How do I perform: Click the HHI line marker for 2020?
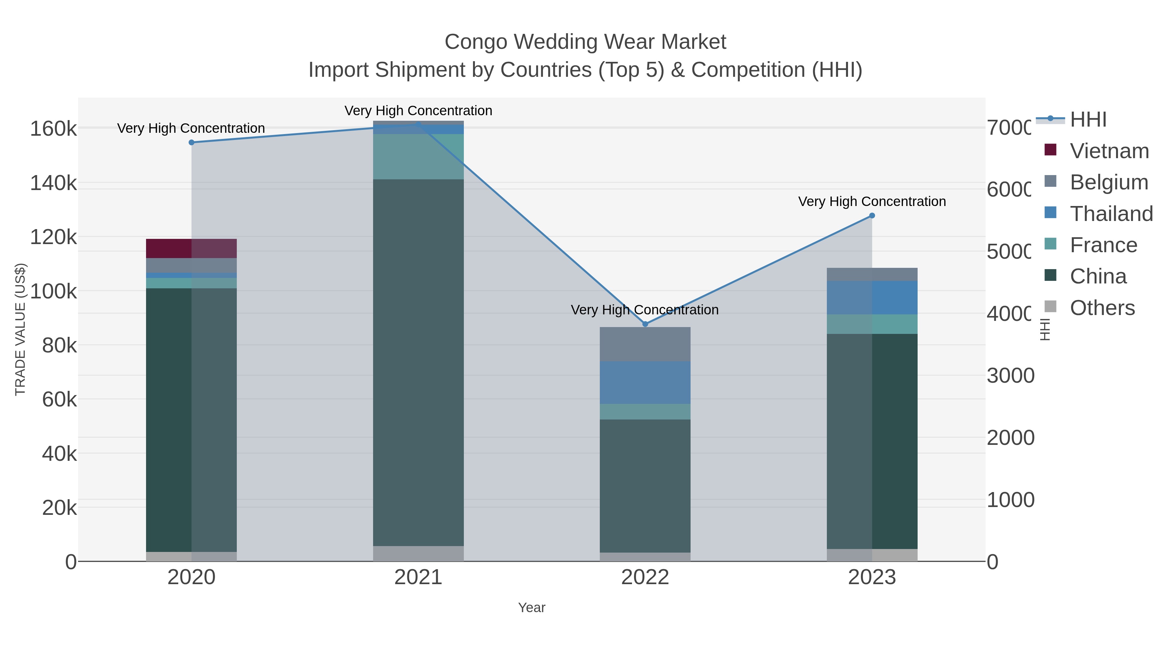(191, 142)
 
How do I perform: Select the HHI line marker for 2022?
(645, 324)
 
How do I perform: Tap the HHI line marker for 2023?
(872, 215)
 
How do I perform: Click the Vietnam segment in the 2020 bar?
(191, 248)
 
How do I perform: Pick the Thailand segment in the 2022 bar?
(645, 382)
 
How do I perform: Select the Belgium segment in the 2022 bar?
(645, 344)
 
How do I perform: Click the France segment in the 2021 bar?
(418, 157)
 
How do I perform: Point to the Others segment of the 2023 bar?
(872, 555)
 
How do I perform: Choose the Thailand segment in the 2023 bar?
(872, 297)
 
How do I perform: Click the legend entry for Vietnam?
(1109, 151)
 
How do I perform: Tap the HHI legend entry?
(1088, 120)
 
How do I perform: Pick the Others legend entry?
(1102, 308)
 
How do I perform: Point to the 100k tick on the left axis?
(53, 292)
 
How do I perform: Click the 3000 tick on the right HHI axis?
(1010, 376)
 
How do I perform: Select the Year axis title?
(532, 608)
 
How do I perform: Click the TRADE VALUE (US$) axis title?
(20, 329)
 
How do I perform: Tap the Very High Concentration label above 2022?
(645, 310)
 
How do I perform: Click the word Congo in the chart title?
(476, 42)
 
